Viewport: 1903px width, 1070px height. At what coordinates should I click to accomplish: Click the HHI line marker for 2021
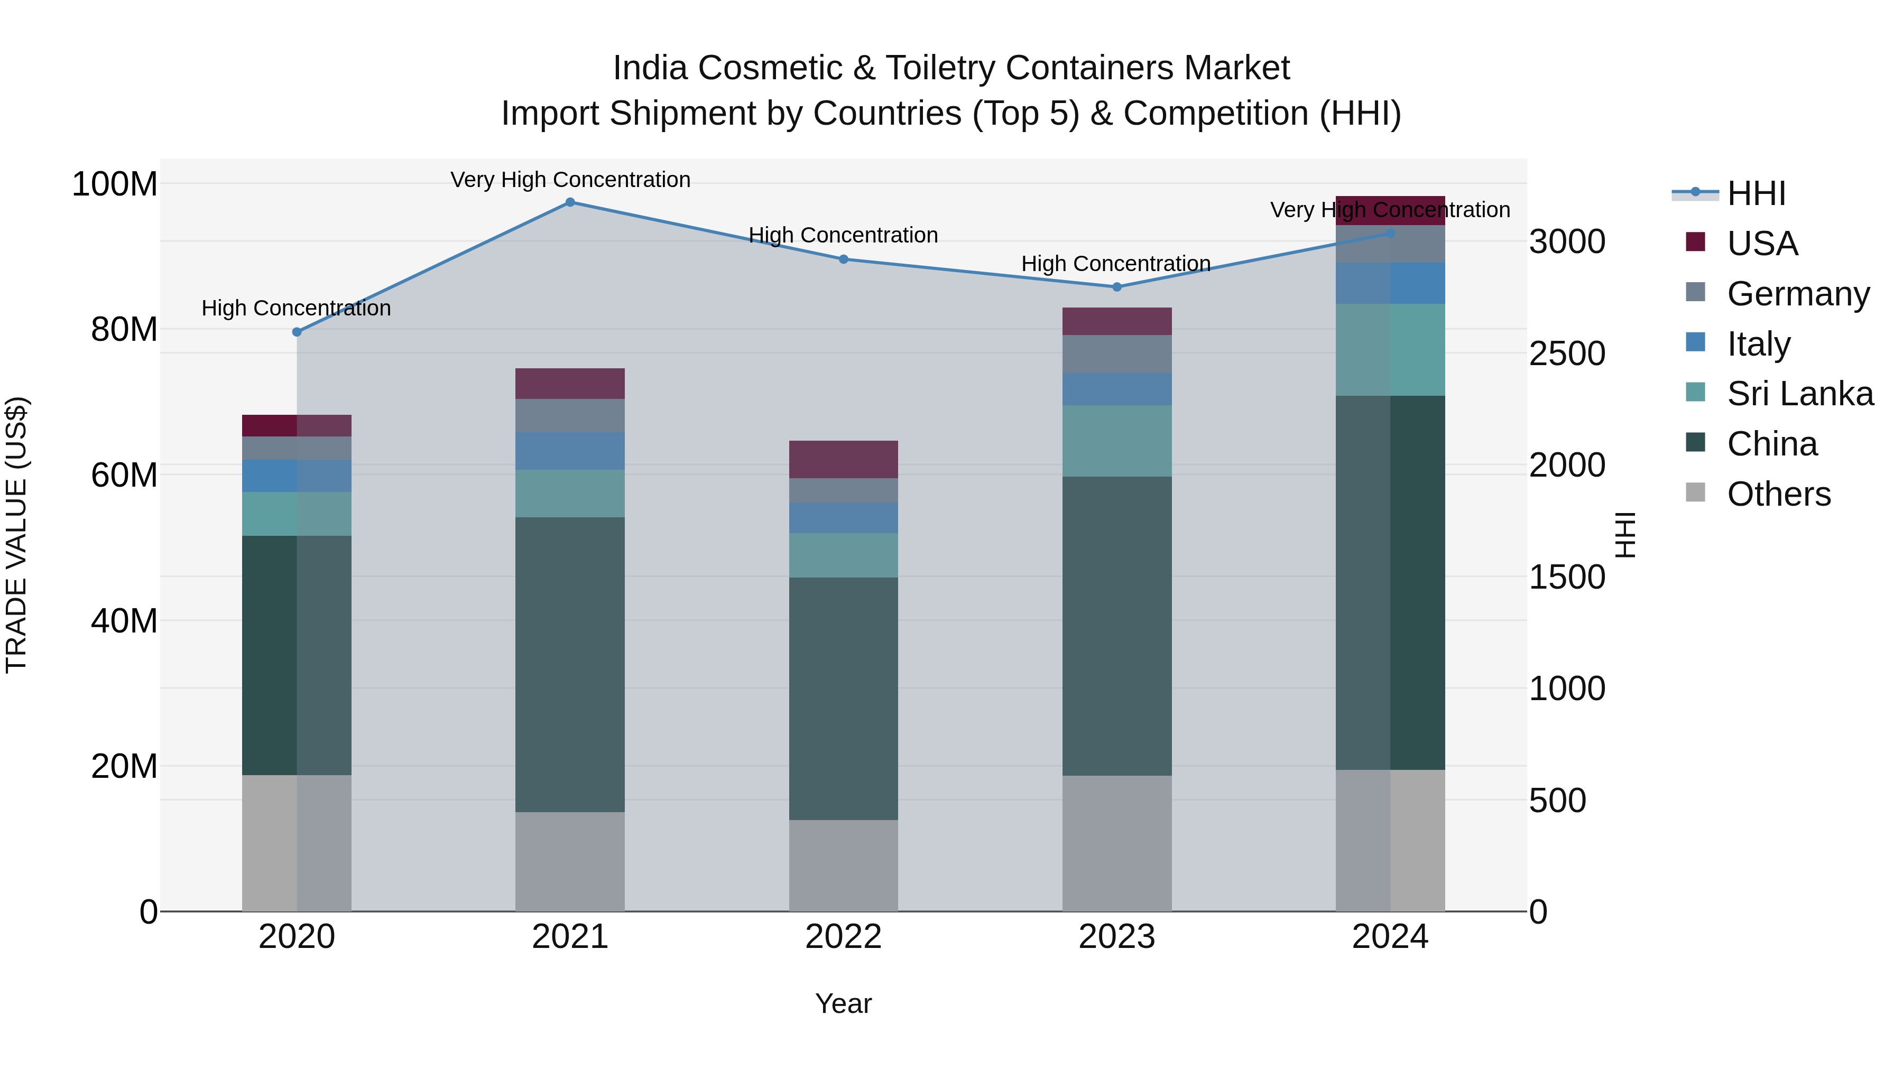pos(569,202)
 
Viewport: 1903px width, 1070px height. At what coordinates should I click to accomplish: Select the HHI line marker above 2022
pos(843,259)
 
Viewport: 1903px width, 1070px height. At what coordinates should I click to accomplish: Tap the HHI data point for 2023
pos(1116,287)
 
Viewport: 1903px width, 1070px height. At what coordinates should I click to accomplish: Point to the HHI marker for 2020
pos(297,332)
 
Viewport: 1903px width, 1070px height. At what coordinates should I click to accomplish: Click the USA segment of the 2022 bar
pos(843,459)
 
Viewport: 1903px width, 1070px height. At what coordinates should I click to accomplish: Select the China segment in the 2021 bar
pos(569,665)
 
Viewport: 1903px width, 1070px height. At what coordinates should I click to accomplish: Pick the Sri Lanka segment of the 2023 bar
pos(1116,441)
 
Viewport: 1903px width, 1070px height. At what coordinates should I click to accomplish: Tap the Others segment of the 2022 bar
pos(843,866)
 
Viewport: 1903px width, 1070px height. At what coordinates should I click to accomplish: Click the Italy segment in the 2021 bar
pos(569,451)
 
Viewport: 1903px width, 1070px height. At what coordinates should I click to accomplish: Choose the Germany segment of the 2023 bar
pos(1116,355)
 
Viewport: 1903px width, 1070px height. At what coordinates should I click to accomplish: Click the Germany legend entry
pos(1797,294)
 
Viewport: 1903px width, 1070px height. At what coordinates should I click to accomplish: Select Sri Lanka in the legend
pos(1799,394)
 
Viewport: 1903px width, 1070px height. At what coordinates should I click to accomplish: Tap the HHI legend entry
pos(1756,193)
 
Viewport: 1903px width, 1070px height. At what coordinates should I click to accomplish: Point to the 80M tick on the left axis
pos(124,329)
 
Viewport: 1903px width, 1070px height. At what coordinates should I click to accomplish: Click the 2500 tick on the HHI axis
pos(1567,353)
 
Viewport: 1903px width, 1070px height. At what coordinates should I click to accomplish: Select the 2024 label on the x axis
pos(1390,937)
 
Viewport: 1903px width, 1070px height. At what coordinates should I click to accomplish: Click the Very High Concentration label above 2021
pos(569,180)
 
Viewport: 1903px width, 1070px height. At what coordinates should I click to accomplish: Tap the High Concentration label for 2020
pos(296,309)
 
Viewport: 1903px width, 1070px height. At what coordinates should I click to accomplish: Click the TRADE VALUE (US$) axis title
pos(17,535)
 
